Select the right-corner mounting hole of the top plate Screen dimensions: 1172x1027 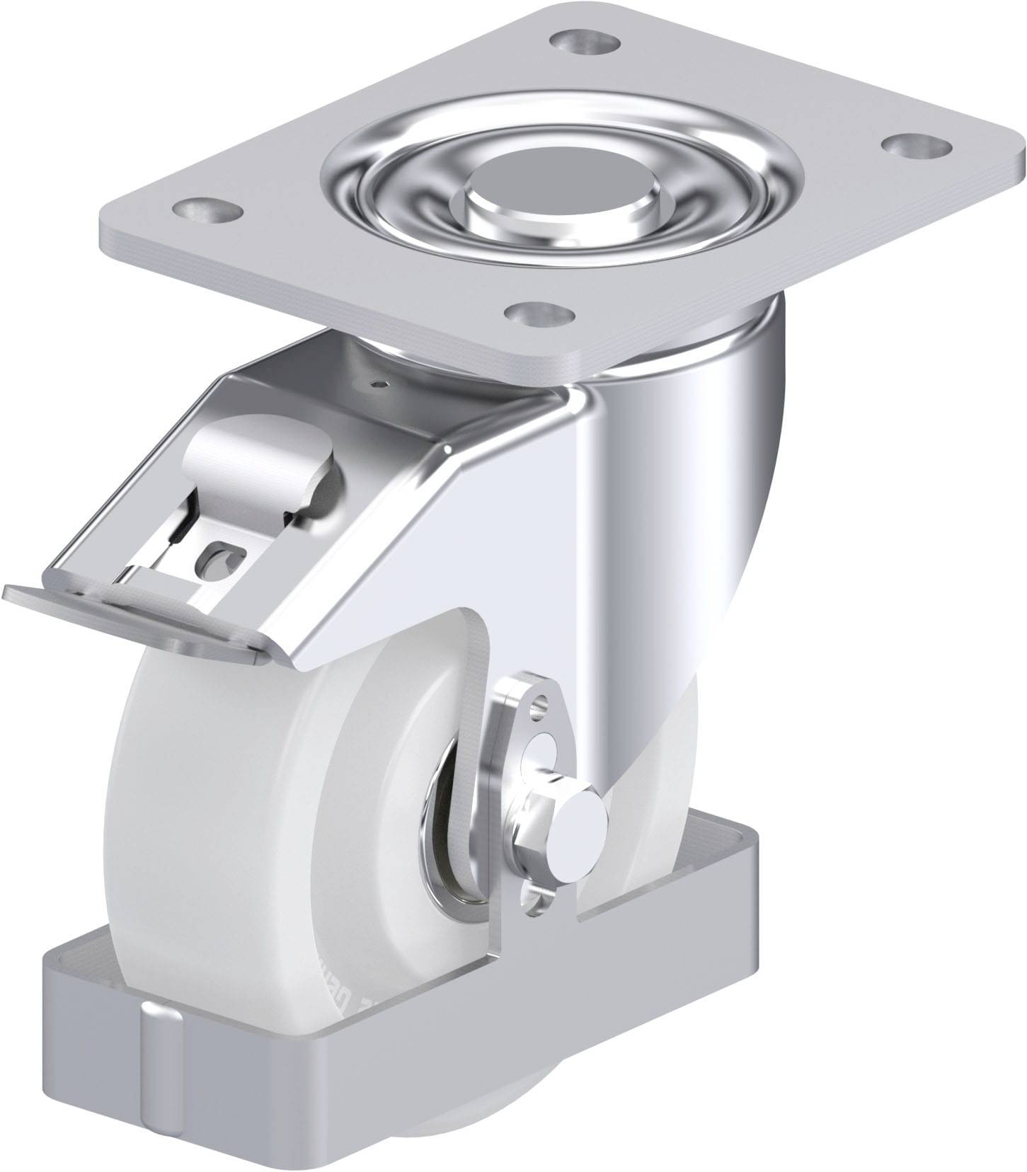[x=909, y=146]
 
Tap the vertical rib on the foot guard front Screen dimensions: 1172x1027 [x=159, y=1062]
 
